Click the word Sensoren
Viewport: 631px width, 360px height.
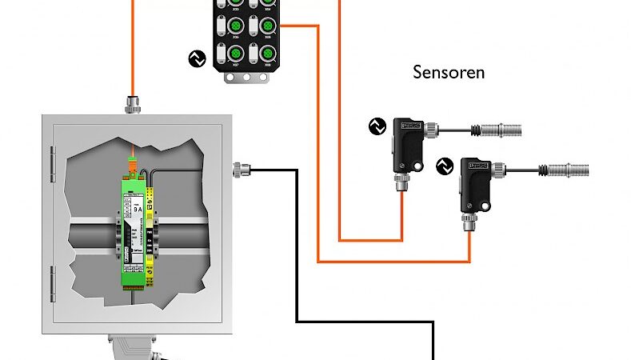coord(449,72)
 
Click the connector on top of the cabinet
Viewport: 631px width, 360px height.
coord(133,103)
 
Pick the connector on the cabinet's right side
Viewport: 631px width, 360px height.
coord(239,169)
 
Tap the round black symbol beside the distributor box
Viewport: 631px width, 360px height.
coord(196,58)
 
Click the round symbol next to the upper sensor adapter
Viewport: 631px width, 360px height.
coord(377,126)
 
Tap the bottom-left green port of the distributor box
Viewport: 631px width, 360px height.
coord(235,53)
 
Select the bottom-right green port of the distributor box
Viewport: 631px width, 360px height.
coord(266,53)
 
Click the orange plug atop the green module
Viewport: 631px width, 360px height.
coord(133,169)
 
